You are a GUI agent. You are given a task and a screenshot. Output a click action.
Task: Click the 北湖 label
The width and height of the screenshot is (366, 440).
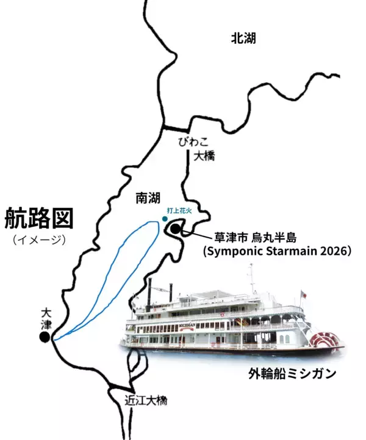[243, 38]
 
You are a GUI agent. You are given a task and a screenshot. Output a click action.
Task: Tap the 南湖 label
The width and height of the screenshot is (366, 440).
[148, 197]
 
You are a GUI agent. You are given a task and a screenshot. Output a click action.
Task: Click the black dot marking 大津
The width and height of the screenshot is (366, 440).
[45, 337]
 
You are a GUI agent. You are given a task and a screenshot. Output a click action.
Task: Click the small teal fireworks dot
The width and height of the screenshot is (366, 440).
[164, 218]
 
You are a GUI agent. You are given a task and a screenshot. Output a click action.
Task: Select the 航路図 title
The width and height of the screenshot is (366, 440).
[39, 218]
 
